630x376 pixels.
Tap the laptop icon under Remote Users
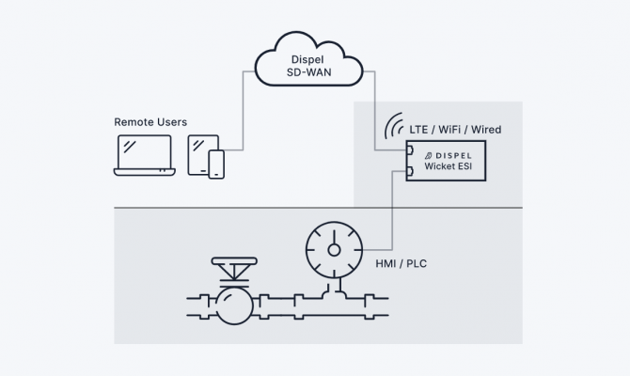click(143, 154)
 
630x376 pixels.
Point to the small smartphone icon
click(217, 164)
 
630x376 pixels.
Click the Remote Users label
click(150, 122)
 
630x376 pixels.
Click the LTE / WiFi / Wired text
click(456, 128)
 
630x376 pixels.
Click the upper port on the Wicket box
click(410, 149)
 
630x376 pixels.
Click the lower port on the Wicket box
click(410, 170)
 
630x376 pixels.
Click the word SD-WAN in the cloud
click(309, 70)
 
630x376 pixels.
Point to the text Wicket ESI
click(455, 166)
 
